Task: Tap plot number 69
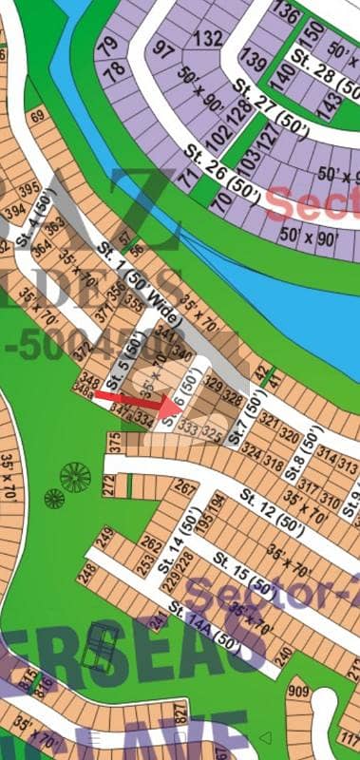(x=38, y=117)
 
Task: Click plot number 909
(x=299, y=691)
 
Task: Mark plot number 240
(x=282, y=656)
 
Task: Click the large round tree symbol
(x=73, y=474)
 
